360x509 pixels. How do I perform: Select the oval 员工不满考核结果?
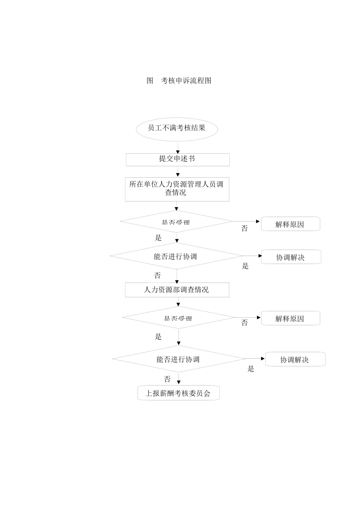click(x=177, y=128)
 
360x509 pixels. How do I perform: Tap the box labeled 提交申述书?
click(x=177, y=159)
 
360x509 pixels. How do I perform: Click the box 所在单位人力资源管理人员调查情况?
click(x=177, y=189)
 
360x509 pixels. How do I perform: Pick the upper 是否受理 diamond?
click(x=176, y=222)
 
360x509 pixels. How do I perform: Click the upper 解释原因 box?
click(x=290, y=224)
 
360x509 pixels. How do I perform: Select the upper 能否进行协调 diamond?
click(x=176, y=256)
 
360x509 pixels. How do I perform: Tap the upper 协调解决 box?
click(x=291, y=257)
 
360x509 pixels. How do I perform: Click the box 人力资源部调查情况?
click(x=177, y=290)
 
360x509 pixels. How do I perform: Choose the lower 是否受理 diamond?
click(x=178, y=318)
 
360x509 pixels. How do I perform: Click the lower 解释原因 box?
click(x=290, y=319)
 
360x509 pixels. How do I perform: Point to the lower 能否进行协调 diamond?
click(x=178, y=359)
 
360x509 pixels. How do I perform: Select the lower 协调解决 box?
click(x=295, y=359)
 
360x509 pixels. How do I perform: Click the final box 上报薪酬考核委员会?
click(x=178, y=393)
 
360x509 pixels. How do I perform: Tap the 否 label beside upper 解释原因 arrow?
click(x=244, y=229)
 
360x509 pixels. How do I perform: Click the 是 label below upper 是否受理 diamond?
click(x=158, y=238)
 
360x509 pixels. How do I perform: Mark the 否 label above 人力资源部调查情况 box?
click(x=157, y=275)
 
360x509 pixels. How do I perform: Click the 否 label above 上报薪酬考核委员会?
click(x=167, y=379)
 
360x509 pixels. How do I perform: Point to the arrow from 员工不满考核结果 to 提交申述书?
click(x=178, y=148)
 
